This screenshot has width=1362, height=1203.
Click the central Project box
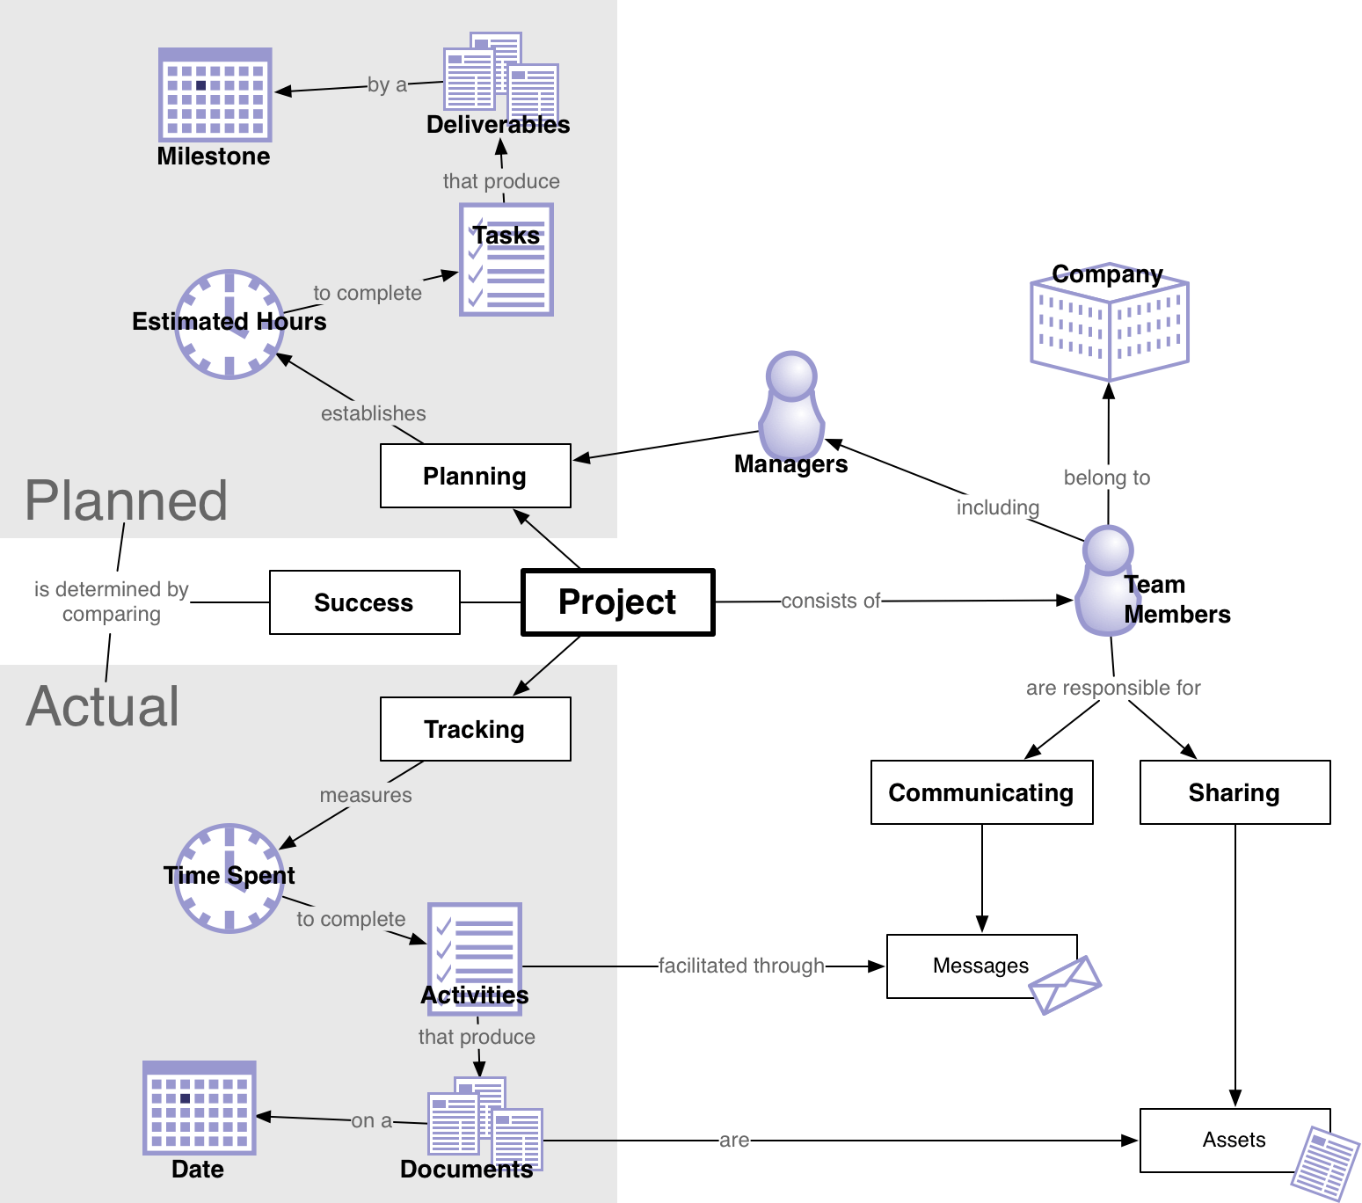pos(617,602)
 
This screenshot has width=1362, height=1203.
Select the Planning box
pos(475,476)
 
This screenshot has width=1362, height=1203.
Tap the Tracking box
pos(475,729)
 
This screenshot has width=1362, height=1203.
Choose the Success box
pos(364,602)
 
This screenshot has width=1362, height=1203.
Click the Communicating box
pos(981,792)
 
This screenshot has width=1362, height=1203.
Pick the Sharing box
pos(1235,792)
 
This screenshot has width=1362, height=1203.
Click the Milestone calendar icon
pos(215,95)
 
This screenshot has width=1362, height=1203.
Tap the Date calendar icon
pos(200,1108)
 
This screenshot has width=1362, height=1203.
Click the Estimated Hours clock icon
pos(229,324)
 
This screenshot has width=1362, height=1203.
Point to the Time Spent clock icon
pos(229,879)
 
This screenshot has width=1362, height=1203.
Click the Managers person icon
pos(791,405)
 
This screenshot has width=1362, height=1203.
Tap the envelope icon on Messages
pos(1066,984)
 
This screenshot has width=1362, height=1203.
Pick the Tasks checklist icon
pos(506,260)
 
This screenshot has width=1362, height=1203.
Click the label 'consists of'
pos(830,601)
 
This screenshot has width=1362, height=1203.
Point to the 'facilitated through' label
pos(741,966)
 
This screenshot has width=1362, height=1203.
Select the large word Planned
pos(126,501)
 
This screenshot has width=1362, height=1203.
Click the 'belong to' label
pos(1106,478)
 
